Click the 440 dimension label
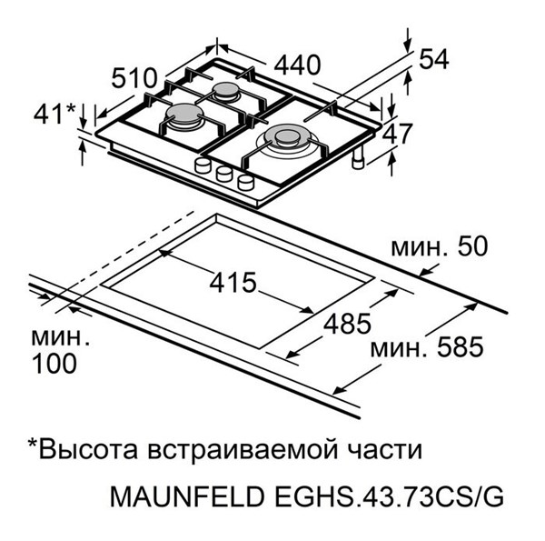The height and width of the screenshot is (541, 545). click(x=297, y=65)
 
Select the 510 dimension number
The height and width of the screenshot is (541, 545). click(x=134, y=78)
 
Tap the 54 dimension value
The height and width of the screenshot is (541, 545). click(x=434, y=59)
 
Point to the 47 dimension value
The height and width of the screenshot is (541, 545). click(x=397, y=134)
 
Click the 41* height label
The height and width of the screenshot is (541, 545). click(x=54, y=113)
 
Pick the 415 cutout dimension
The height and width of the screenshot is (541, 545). click(x=233, y=282)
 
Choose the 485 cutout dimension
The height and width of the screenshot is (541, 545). click(x=347, y=324)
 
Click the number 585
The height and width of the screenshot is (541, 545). click(x=461, y=346)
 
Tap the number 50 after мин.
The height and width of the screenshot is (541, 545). click(x=472, y=246)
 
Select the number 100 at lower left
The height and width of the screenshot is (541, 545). click(x=54, y=363)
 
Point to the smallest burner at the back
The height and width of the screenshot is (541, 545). click(x=226, y=91)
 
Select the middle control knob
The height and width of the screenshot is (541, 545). click(x=223, y=174)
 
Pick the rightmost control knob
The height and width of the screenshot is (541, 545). click(x=246, y=183)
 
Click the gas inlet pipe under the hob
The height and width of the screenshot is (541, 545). click(x=358, y=158)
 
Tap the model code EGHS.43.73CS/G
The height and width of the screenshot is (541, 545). click(x=390, y=496)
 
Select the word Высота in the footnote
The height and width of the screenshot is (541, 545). click(x=89, y=449)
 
